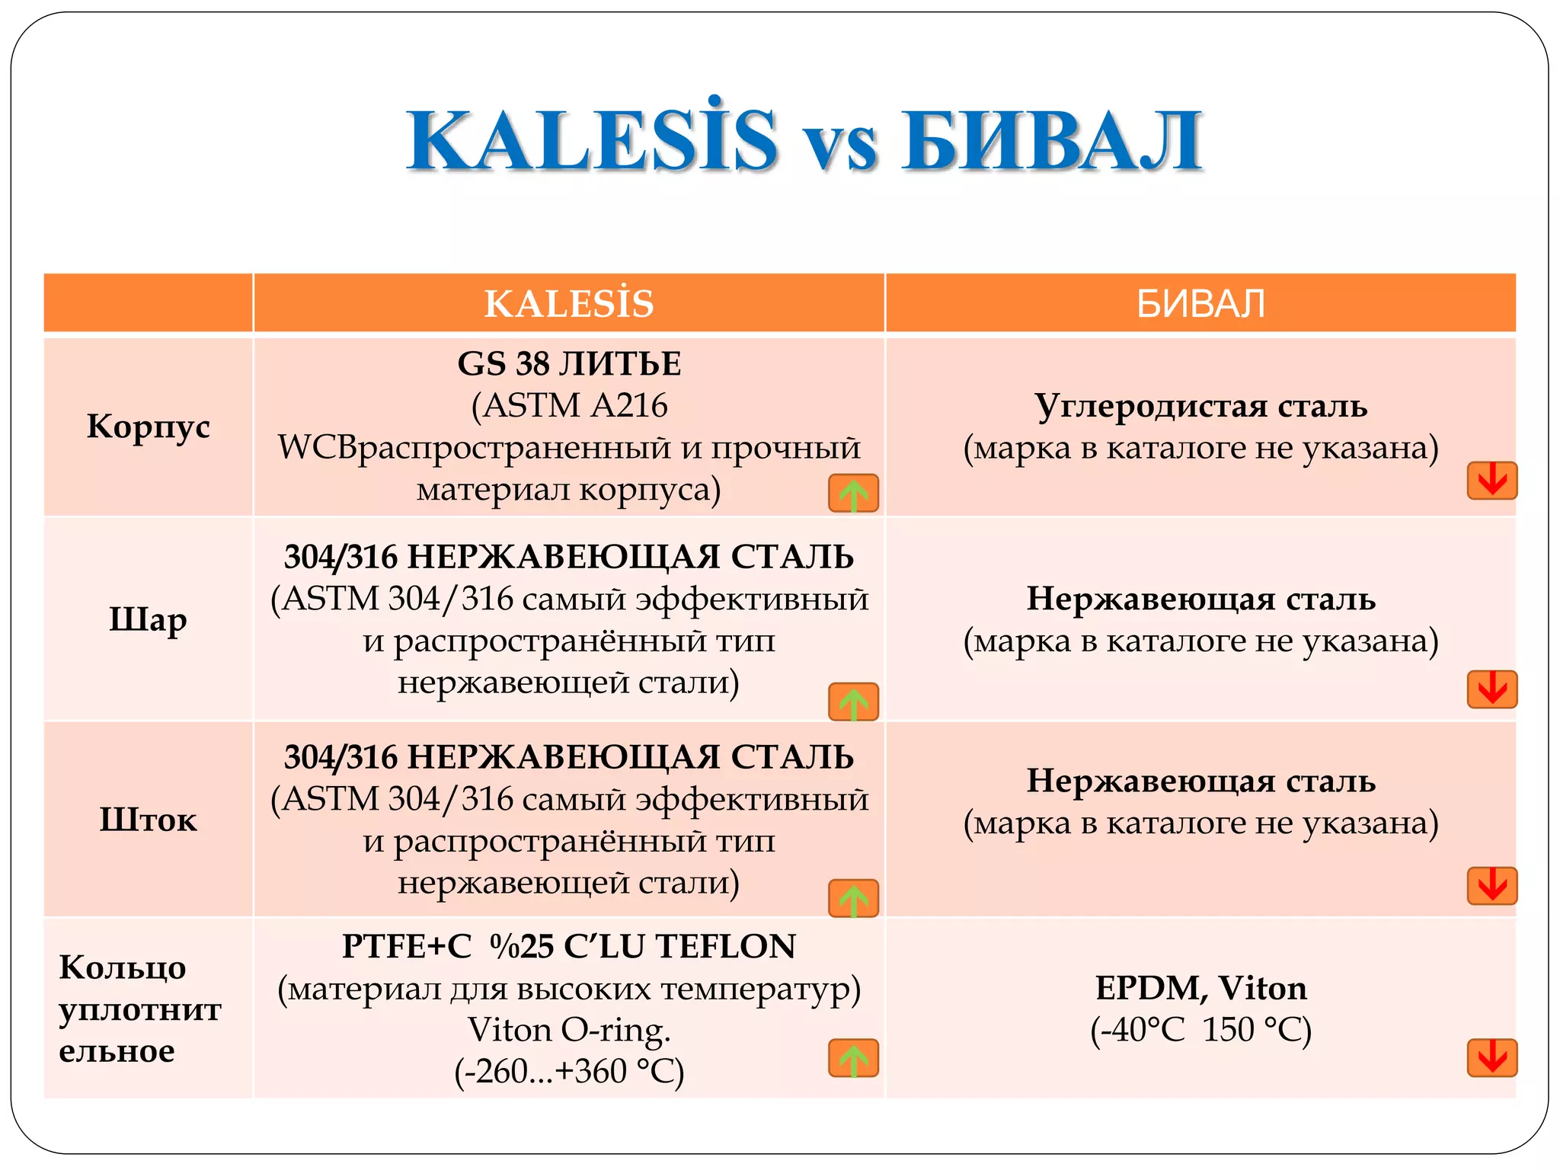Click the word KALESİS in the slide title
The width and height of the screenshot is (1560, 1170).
coord(591,142)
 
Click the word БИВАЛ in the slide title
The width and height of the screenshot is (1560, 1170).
coord(1052,142)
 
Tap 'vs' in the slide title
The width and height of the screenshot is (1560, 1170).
coord(839,146)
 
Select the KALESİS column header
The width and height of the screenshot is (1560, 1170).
coord(569,303)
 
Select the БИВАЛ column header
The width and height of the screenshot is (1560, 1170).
coord(1200,303)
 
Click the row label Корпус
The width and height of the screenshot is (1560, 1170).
coord(148,427)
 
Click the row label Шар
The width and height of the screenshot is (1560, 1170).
coord(148,619)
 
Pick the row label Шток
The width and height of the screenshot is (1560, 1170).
coord(148,820)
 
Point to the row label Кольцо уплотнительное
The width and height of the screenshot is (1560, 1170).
coord(140,1009)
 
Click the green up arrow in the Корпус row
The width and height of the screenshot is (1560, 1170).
coord(853,493)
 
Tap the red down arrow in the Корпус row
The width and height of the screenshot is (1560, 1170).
coord(1491,481)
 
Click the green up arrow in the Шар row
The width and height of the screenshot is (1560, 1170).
coord(853,702)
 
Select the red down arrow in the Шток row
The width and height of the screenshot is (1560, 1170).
coord(1491,886)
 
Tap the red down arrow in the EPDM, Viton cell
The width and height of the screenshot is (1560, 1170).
coord(1491,1058)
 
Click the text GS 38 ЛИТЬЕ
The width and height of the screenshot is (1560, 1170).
coord(569,364)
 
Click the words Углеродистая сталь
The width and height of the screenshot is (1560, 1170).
coord(1200,406)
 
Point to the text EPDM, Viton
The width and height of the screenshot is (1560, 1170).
coord(1200,988)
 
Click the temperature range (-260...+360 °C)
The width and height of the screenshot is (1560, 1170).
coord(569,1071)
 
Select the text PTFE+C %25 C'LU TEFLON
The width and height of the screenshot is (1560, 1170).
coord(569,947)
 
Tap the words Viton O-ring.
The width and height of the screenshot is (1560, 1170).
coord(569,1030)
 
